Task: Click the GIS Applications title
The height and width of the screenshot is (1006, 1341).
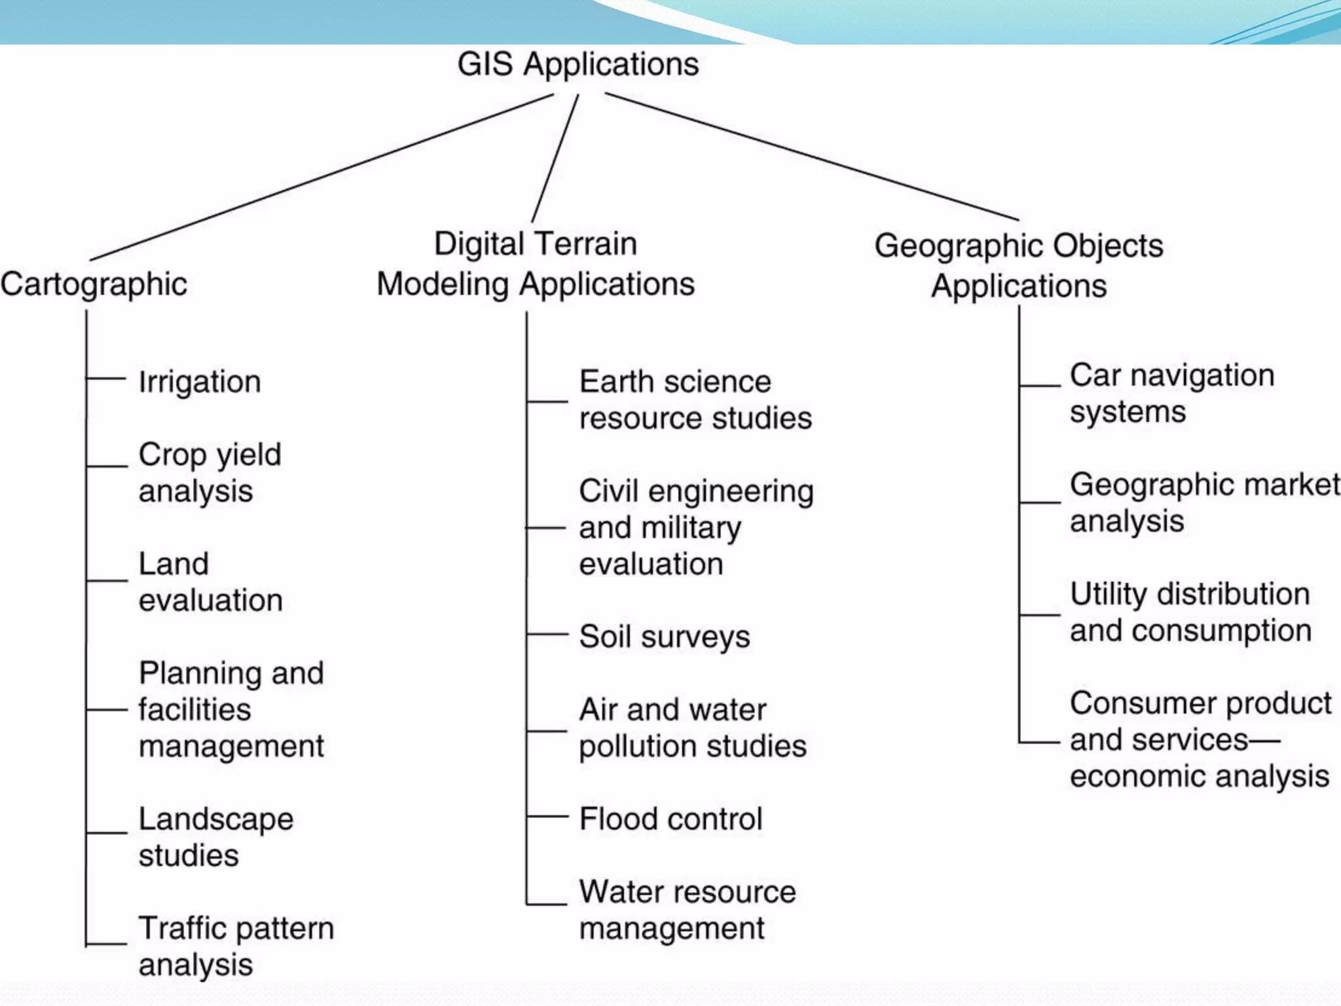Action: tap(578, 65)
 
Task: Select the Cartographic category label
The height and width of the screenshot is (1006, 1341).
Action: tap(94, 284)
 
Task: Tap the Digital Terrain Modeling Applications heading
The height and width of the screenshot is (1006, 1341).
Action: tap(536, 264)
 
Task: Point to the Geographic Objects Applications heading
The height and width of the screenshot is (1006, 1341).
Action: tap(1019, 265)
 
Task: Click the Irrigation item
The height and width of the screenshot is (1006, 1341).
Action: tap(200, 382)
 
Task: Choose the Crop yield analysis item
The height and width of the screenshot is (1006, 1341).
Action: tap(210, 472)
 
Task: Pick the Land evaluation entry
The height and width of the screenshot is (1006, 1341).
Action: tap(210, 582)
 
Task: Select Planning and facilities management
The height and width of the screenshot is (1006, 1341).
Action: tap(231, 709)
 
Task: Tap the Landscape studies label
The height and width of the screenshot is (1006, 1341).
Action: tap(216, 836)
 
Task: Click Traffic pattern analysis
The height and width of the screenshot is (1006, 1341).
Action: tap(236, 946)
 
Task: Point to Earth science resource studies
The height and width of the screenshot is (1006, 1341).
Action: tap(695, 400)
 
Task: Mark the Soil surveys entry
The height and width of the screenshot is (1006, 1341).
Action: tap(665, 637)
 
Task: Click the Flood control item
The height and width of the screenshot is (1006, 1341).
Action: tap(671, 819)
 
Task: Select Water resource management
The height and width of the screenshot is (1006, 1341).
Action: tap(688, 910)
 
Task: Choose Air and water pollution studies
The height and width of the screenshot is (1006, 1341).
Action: tap(693, 728)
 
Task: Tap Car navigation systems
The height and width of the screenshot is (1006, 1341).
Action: tap(1172, 393)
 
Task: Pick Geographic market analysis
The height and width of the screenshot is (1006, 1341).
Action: tap(1205, 502)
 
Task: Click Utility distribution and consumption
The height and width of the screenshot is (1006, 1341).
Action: tap(1190, 612)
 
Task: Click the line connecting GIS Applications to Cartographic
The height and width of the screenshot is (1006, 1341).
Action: tap(321, 177)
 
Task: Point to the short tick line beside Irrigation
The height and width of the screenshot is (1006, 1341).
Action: tap(106, 379)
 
